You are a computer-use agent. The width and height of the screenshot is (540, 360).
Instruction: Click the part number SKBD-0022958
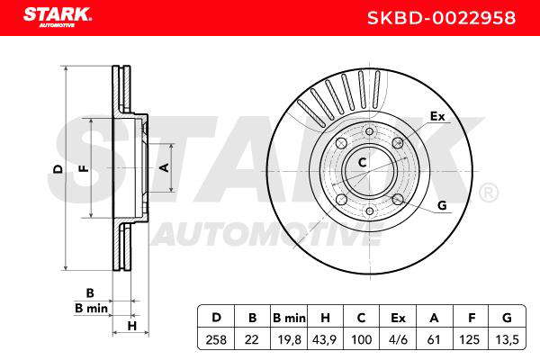click(x=441, y=18)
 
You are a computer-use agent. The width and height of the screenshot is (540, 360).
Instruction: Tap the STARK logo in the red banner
click(x=58, y=17)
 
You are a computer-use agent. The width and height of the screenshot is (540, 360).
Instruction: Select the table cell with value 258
click(x=216, y=339)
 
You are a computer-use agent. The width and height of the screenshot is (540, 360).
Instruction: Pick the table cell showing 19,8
click(x=289, y=339)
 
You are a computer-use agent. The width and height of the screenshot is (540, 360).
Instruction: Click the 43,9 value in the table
click(x=324, y=339)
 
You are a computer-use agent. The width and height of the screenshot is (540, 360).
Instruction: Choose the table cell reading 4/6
click(x=398, y=339)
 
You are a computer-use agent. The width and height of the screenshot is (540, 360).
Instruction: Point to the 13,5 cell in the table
click(x=507, y=339)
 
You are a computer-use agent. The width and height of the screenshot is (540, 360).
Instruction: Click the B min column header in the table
click(x=289, y=318)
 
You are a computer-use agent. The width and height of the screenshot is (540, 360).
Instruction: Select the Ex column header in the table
click(x=398, y=318)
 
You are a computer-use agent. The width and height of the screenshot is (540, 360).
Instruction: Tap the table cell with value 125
click(x=469, y=339)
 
